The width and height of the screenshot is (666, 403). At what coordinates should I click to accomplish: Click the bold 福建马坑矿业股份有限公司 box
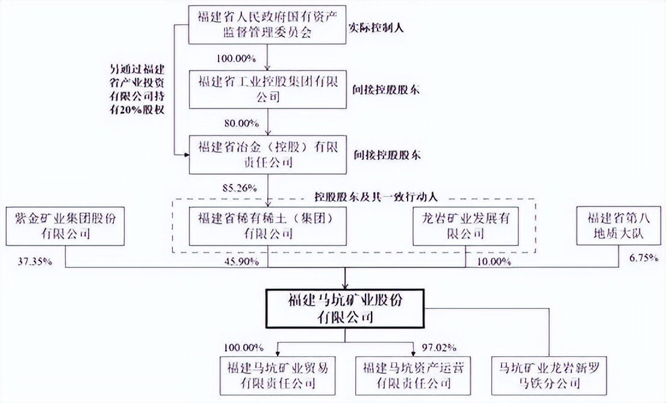[x=346, y=308]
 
